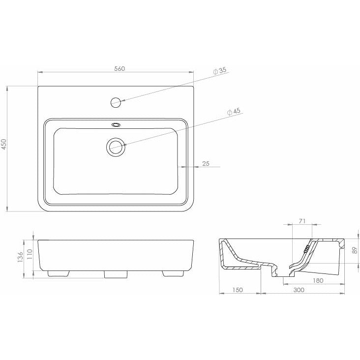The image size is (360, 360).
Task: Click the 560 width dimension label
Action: (x=120, y=69)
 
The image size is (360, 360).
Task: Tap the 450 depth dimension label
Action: (x=4, y=144)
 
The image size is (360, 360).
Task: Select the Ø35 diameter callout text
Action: (x=220, y=71)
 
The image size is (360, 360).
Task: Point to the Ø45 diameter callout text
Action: (x=234, y=112)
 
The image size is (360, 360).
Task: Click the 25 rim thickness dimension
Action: (x=206, y=163)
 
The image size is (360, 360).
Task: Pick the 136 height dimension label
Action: (x=21, y=257)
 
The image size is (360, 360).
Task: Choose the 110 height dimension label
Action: (x=30, y=254)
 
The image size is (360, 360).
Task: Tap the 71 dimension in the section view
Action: (x=302, y=221)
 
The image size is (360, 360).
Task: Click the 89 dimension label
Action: (x=355, y=250)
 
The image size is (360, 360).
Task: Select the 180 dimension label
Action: (x=318, y=280)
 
